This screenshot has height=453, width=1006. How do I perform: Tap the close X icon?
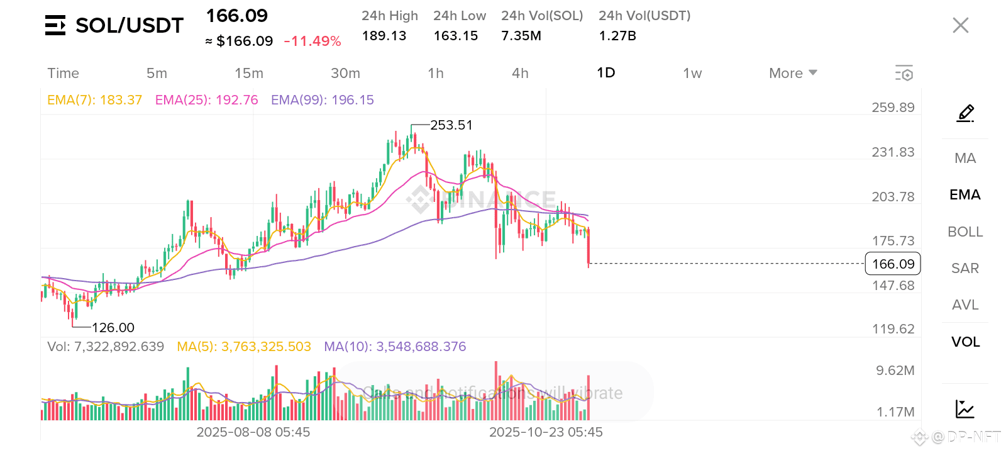point(960,25)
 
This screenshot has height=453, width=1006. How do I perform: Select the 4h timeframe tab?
point(520,73)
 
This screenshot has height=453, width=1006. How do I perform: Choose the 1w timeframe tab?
point(692,73)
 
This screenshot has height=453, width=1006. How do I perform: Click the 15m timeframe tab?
point(249,73)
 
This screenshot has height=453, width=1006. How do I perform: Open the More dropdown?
point(793,73)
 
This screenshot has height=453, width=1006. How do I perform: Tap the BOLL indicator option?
point(965,232)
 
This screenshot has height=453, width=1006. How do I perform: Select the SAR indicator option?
point(965,268)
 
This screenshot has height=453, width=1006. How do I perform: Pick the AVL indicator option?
point(965,305)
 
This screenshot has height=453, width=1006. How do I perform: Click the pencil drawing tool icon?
point(965,113)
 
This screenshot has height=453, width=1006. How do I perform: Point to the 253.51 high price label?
point(451,125)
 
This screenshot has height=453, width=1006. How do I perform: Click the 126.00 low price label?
point(113,327)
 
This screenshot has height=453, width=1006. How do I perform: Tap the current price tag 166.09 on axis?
point(893,264)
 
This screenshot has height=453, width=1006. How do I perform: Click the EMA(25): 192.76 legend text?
point(206,100)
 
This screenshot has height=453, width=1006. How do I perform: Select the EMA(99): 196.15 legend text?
point(322,100)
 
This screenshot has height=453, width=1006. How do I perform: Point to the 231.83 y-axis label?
point(893,152)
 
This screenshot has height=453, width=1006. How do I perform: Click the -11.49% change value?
point(312,42)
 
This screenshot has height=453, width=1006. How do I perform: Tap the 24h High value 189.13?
point(384,36)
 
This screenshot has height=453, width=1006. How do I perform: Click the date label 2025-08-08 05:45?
point(253,432)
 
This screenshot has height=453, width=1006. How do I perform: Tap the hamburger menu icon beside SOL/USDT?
point(55,25)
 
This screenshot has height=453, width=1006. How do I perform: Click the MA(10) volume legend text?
point(395,347)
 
